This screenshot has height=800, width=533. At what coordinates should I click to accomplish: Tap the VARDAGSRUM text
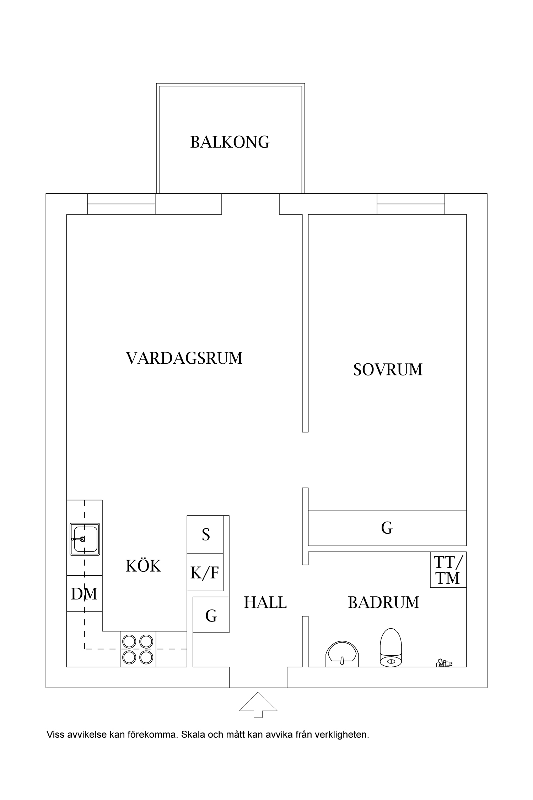click(x=184, y=358)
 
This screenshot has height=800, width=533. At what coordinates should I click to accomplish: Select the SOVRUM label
click(x=388, y=369)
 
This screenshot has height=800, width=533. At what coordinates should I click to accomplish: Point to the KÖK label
click(x=143, y=566)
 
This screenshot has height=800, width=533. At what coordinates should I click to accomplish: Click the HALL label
click(x=265, y=602)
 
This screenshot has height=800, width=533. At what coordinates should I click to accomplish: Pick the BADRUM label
click(x=383, y=602)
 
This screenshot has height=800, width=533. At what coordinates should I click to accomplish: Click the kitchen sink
click(x=85, y=539)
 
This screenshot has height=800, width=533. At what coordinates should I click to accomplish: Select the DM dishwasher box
click(x=84, y=593)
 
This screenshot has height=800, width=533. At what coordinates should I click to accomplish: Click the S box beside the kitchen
click(x=205, y=534)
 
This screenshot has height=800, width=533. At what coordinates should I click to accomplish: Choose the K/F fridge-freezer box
click(x=205, y=572)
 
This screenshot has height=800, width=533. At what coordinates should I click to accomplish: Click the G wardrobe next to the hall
click(x=211, y=615)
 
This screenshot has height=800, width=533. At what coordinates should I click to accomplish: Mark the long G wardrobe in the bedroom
click(x=387, y=528)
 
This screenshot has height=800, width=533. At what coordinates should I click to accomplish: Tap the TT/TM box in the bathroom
click(x=448, y=570)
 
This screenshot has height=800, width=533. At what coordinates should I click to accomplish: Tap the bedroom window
click(x=411, y=204)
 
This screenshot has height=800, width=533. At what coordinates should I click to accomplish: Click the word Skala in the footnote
click(x=192, y=735)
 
